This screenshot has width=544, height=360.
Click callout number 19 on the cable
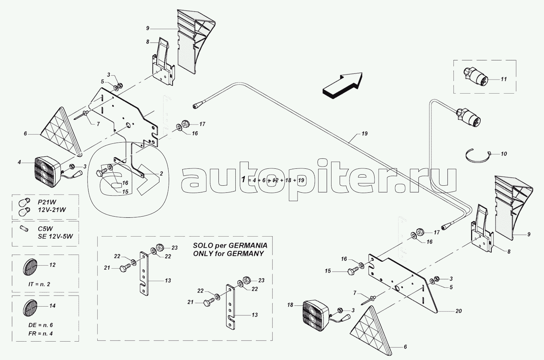pos(364,134)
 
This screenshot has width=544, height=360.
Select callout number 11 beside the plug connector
pos(503,79)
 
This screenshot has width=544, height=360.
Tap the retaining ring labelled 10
pos(478,155)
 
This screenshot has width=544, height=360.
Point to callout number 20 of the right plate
pos(458,311)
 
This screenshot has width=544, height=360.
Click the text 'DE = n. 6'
pos(40,325)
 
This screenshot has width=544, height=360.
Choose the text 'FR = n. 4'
pos(40,333)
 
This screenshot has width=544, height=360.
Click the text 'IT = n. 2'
pos(39,284)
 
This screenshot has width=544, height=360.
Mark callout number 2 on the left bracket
pos(161,173)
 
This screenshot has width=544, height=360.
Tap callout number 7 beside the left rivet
pos(98,124)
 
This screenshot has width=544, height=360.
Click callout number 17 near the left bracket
pos(202,124)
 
